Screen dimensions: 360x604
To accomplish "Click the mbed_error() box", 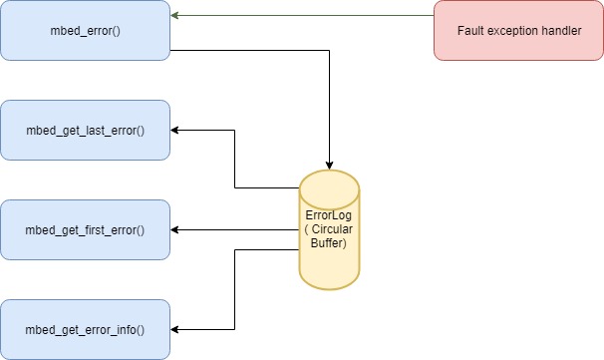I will [x=85, y=30].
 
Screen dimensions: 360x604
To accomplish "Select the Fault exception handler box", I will [x=518, y=30].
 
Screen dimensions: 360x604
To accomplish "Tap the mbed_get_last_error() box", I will [x=85, y=130].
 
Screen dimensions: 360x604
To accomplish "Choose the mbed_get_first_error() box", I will [x=85, y=229].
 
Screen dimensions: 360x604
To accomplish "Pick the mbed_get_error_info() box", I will [x=85, y=329].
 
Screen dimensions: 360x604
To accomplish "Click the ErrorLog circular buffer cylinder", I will [x=329, y=229].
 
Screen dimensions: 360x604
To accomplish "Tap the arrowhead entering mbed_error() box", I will [x=176, y=16].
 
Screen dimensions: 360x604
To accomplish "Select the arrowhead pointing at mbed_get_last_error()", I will [x=176, y=130].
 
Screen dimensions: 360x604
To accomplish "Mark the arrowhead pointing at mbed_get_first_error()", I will [x=176, y=229].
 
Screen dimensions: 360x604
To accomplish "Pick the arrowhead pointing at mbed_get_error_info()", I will [x=176, y=329].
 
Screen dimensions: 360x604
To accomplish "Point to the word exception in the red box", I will [x=513, y=30].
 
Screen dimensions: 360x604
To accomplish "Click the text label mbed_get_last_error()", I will [x=85, y=130].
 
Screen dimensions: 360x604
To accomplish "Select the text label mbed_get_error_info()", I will [x=85, y=329].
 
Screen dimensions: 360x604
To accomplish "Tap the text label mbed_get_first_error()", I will [x=85, y=229].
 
